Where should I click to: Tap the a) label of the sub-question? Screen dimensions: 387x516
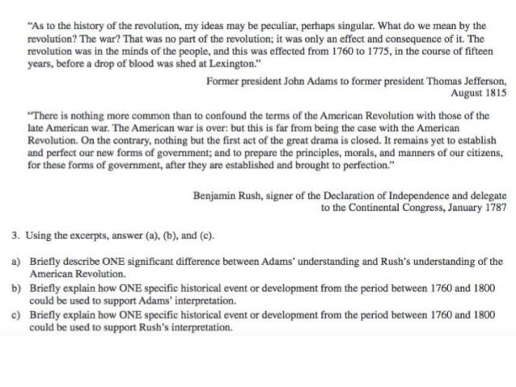click(15, 262)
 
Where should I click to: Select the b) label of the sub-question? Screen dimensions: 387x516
click(15, 287)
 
